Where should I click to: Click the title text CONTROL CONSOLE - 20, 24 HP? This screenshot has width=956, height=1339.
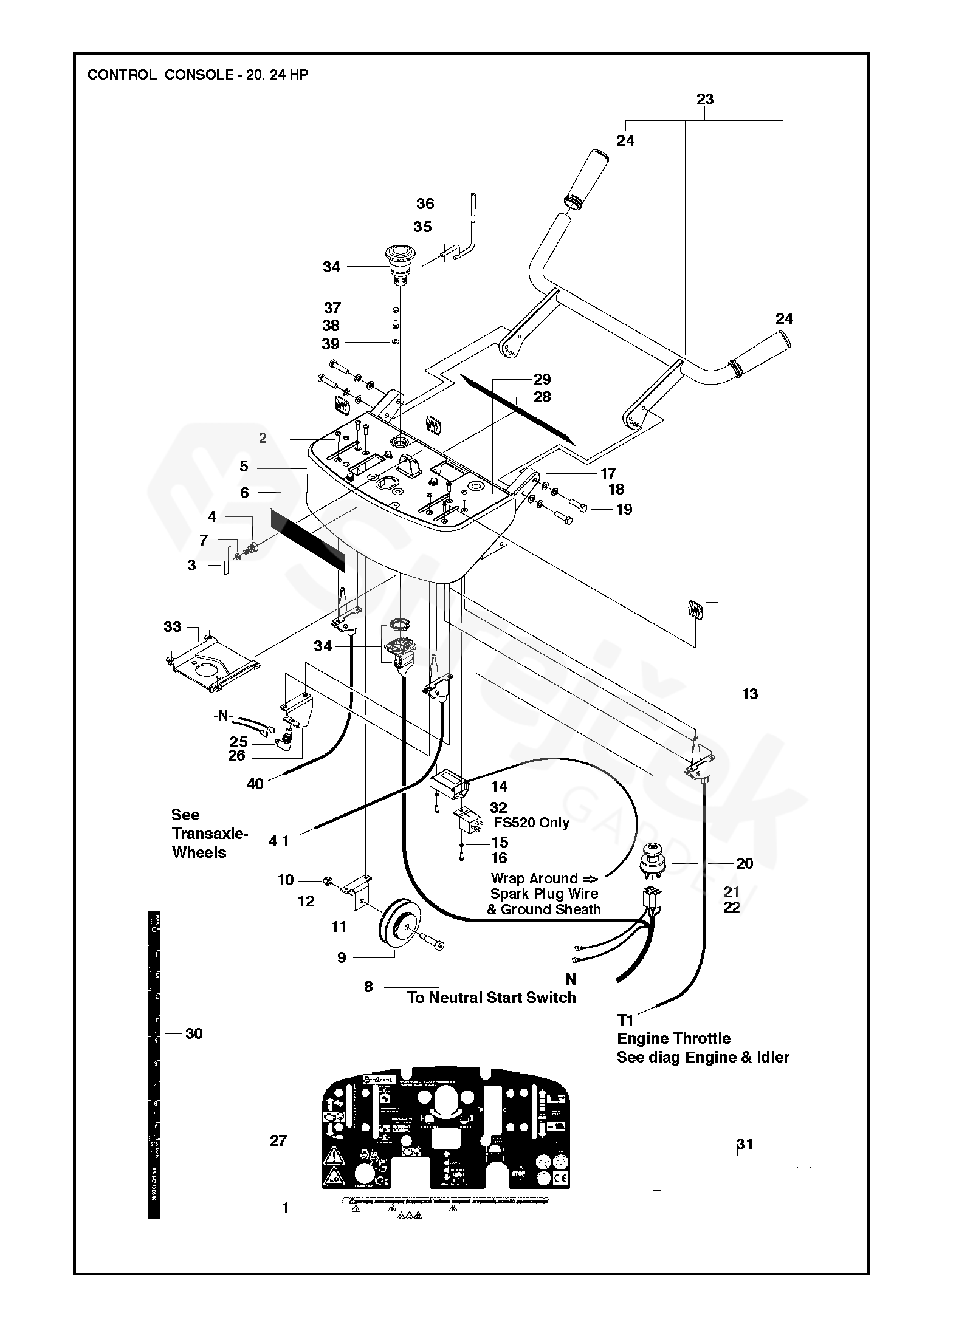198,75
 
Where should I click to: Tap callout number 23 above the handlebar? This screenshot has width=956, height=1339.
704,99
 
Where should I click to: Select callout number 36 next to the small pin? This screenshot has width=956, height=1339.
425,204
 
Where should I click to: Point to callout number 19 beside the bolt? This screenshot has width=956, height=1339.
624,509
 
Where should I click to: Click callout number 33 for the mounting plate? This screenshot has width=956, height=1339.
172,626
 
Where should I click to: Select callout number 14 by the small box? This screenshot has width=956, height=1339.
499,786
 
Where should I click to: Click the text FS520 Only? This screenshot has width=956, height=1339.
531,823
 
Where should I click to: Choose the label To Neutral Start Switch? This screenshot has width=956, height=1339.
491,998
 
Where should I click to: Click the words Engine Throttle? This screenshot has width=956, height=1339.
673,1038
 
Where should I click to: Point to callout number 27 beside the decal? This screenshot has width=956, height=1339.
278,1140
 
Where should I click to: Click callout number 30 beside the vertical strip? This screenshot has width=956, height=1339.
194,1033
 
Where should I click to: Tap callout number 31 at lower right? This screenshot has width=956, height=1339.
745,1144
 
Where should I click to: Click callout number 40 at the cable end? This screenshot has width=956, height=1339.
255,784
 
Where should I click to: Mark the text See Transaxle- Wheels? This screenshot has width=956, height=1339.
210,834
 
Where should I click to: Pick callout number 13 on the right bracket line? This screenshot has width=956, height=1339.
750,694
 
